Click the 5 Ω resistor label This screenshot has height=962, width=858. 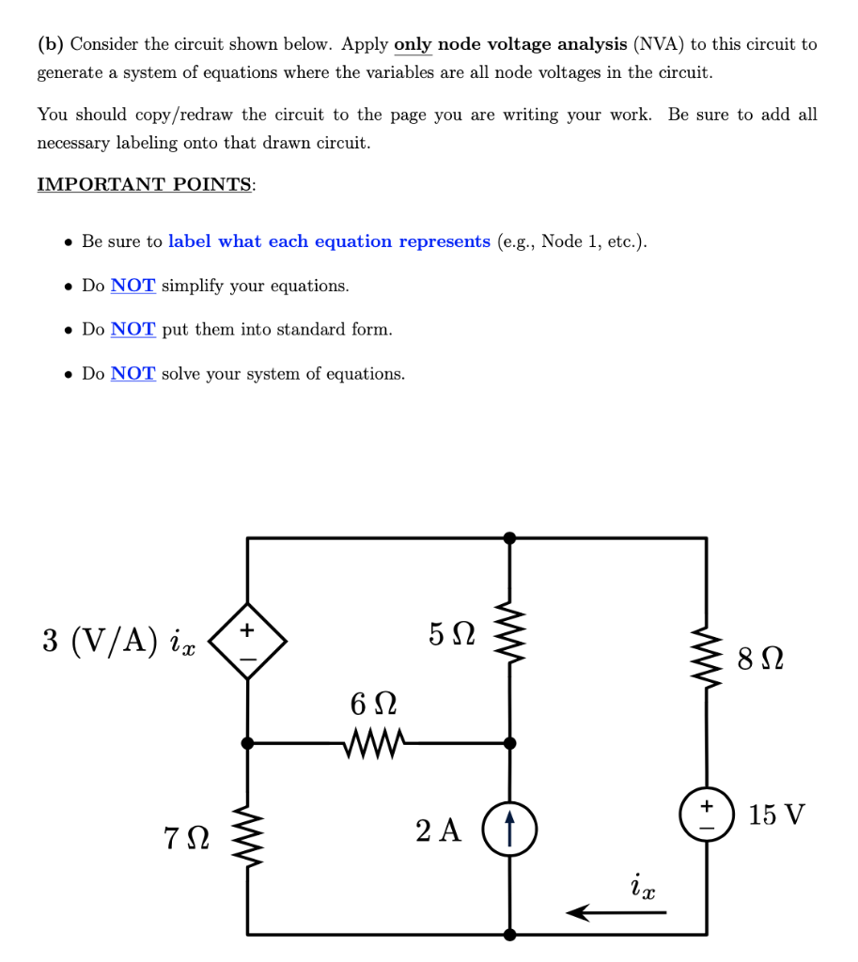452,634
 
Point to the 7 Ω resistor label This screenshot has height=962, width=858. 184,834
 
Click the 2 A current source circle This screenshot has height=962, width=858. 509,831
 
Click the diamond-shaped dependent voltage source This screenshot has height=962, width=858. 247,643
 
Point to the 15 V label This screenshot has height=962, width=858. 777,814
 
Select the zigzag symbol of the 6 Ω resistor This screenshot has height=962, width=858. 376,744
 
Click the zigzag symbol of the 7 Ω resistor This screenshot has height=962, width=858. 248,835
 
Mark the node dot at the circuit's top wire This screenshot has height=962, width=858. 509,538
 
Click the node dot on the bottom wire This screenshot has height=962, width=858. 509,935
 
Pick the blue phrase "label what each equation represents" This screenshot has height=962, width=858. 329,241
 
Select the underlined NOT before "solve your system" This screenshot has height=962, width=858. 133,374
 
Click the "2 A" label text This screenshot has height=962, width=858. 439,830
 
